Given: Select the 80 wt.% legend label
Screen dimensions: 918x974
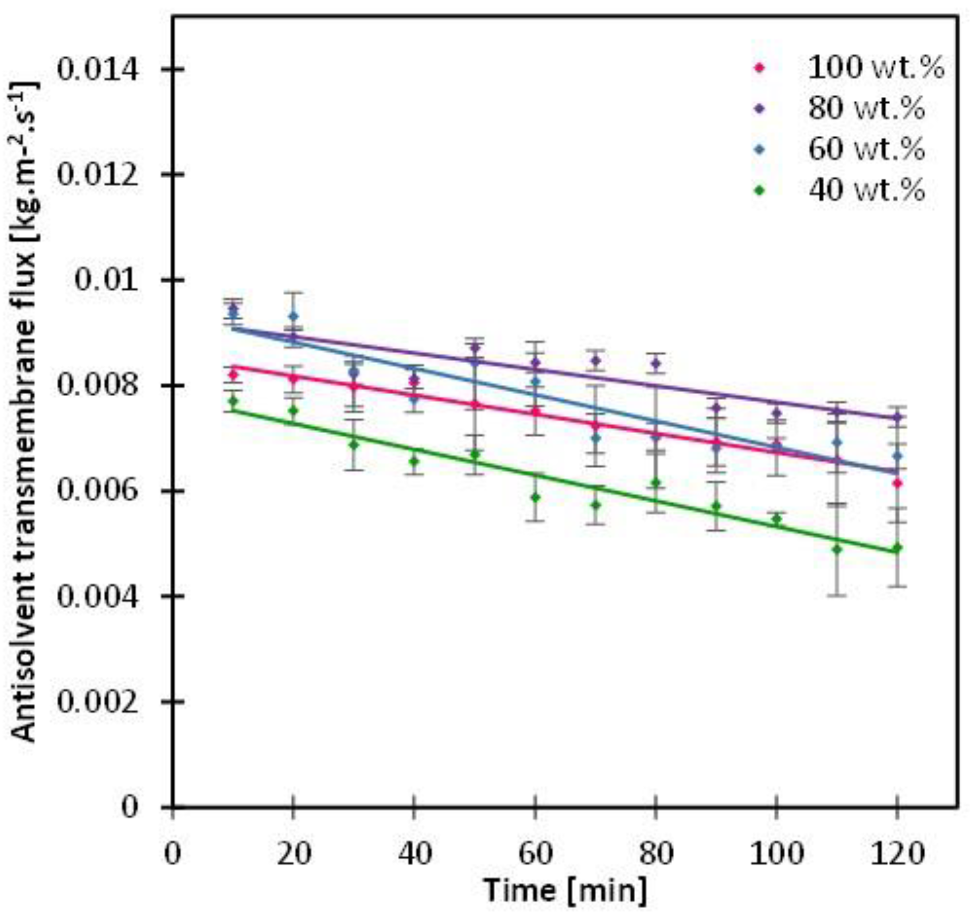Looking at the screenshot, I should click(x=866, y=108).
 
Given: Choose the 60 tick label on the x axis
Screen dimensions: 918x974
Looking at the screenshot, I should click(x=535, y=854).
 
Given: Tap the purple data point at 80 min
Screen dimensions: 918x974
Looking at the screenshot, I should click(x=657, y=364).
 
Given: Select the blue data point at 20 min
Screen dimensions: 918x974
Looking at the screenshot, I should click(x=293, y=316).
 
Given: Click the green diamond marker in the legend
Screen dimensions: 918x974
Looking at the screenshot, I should click(x=759, y=191).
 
